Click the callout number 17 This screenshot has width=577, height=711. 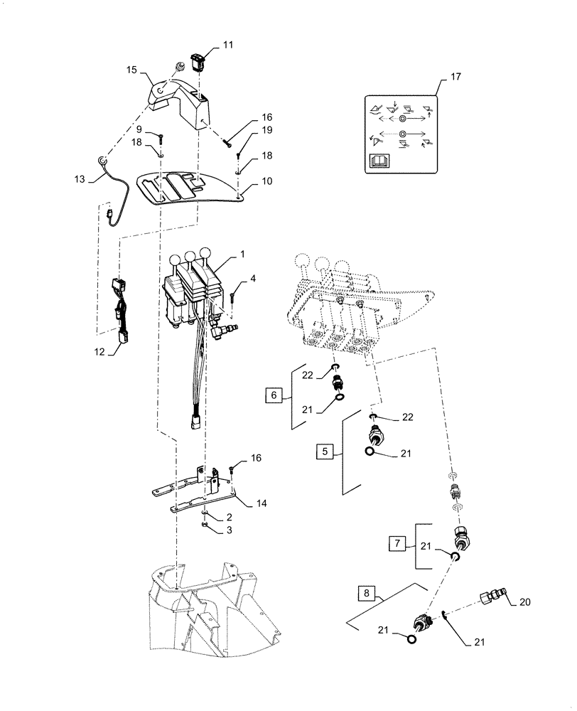[x=455, y=77]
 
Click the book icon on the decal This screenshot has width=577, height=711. [x=377, y=163]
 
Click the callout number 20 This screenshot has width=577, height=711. [x=524, y=602]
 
